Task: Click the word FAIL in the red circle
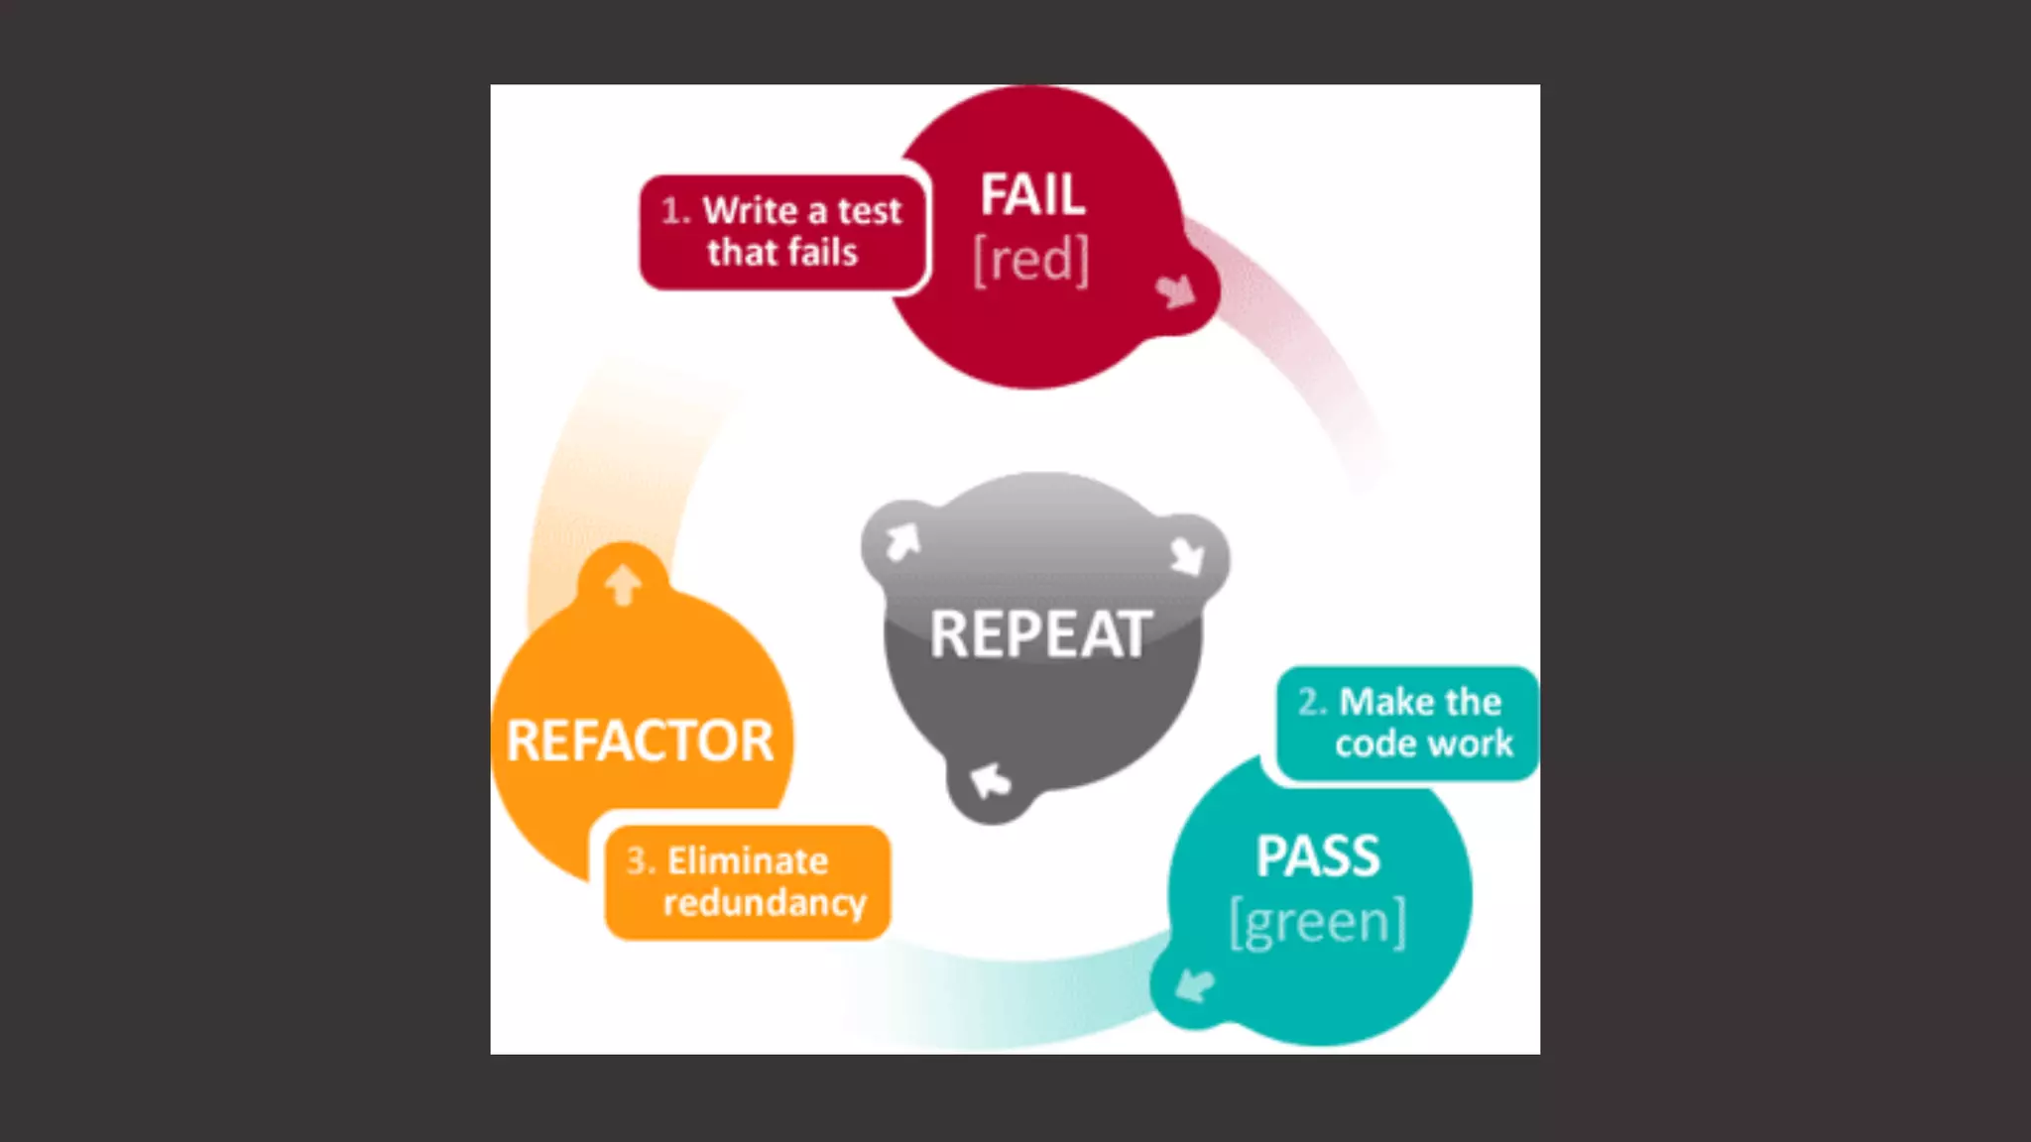(1032, 194)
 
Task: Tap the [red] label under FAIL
(1030, 260)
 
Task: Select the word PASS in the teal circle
(1318, 856)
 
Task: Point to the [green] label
(1318, 923)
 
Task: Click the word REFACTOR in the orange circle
(640, 741)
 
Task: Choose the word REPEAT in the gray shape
(1041, 634)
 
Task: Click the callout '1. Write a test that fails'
(782, 232)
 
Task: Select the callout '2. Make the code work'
(1406, 723)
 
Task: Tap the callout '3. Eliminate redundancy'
(747, 881)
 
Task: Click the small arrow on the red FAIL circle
(1176, 290)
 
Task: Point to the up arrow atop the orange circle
(623, 584)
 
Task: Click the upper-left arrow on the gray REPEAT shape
(902, 542)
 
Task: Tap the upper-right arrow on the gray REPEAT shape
(1187, 556)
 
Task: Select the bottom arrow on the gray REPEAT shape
(990, 781)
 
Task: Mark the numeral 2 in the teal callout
(1309, 702)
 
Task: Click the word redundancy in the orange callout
(765, 903)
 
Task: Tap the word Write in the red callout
(750, 210)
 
